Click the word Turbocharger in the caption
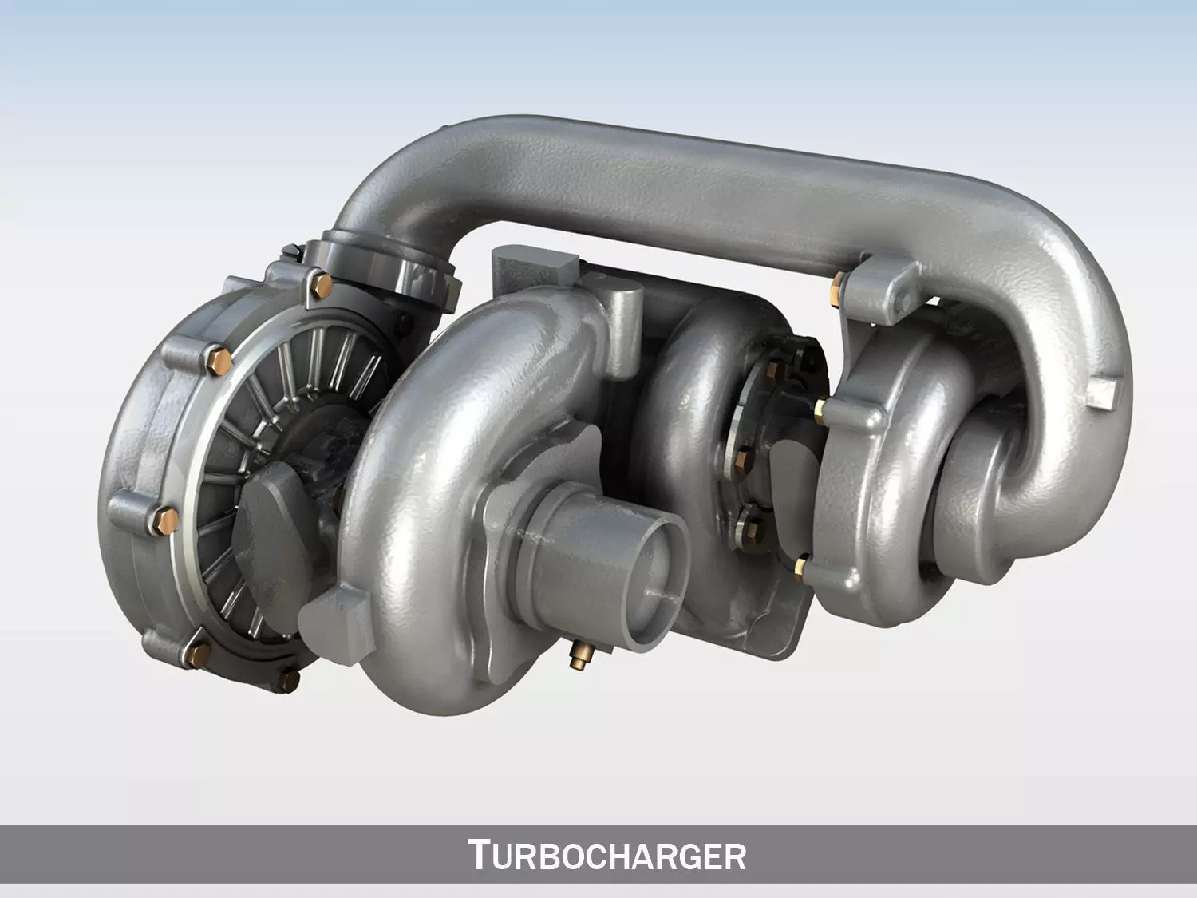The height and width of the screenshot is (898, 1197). (606, 855)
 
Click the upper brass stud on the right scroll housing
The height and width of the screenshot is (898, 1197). (820, 409)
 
